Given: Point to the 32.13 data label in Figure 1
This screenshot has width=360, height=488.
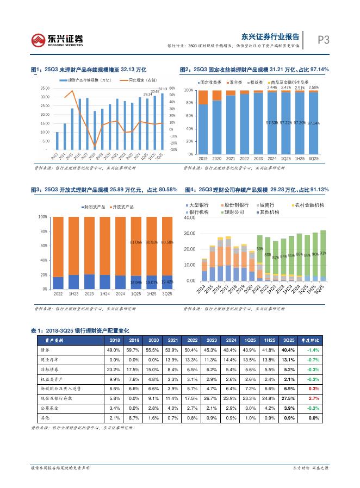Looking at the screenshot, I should point(163,89).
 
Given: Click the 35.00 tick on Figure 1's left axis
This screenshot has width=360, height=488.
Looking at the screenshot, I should point(45,88).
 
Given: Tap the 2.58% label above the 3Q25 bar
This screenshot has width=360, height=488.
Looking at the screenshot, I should point(313,87).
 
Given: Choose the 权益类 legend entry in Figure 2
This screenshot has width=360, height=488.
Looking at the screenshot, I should point(254,82).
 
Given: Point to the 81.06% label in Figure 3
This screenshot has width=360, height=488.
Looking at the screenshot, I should point(136,242).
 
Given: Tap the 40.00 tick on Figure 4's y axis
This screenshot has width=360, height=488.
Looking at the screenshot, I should point(189,217).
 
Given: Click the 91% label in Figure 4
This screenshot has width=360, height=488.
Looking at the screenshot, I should point(324,253).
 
